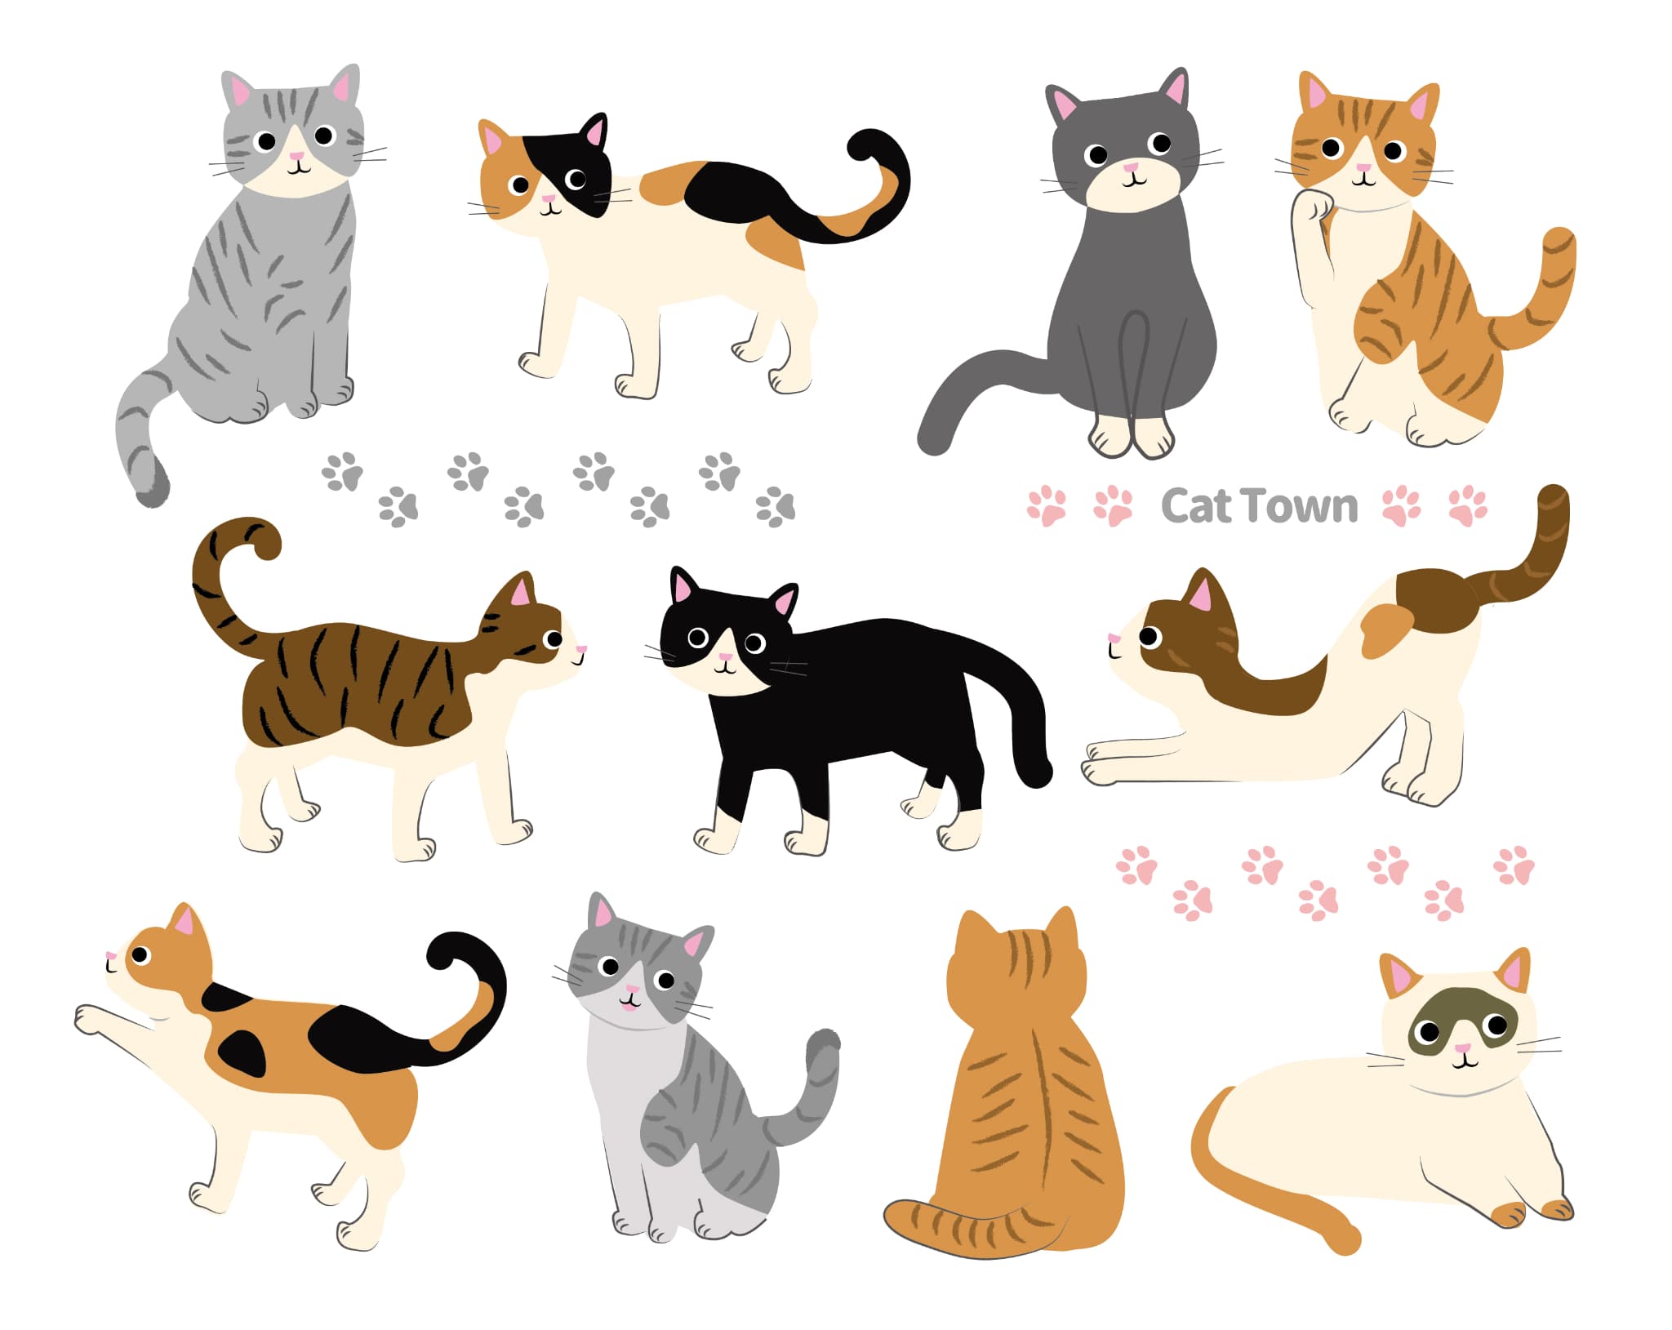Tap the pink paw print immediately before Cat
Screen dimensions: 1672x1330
(1114, 506)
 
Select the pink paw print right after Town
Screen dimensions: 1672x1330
(1402, 505)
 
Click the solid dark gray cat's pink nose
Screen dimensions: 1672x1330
(1131, 168)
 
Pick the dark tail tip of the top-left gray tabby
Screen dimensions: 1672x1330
(153, 487)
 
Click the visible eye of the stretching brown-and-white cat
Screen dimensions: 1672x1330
(1149, 636)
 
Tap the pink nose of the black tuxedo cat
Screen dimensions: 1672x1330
(723, 656)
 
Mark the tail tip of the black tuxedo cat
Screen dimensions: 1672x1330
(1035, 772)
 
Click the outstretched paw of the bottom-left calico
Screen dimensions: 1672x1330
(90, 1021)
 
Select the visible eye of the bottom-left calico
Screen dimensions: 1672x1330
(140, 954)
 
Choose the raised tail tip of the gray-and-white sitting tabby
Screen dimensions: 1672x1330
(823, 1048)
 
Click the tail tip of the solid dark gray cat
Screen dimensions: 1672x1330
(934, 436)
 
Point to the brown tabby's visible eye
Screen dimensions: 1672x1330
(554, 639)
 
